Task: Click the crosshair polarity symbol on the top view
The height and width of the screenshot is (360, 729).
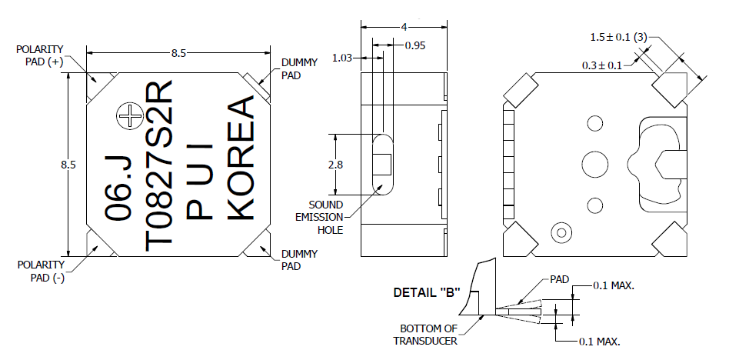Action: [x=130, y=116]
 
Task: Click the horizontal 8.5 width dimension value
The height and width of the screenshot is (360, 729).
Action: [x=178, y=54]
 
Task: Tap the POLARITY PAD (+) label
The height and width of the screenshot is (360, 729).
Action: [x=40, y=56]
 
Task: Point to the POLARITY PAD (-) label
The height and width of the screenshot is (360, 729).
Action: [x=40, y=271]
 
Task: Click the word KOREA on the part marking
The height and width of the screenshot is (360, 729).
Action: [x=241, y=158]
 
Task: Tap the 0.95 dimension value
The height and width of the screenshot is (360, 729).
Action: [x=415, y=45]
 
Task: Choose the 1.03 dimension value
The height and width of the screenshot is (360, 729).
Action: [x=342, y=58]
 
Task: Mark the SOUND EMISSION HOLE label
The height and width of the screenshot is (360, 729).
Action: [x=325, y=218]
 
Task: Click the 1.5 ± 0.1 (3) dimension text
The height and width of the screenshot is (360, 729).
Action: [x=619, y=37]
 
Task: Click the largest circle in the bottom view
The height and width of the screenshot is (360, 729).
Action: [x=594, y=163]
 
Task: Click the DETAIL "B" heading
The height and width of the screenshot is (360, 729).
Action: [x=426, y=293]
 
